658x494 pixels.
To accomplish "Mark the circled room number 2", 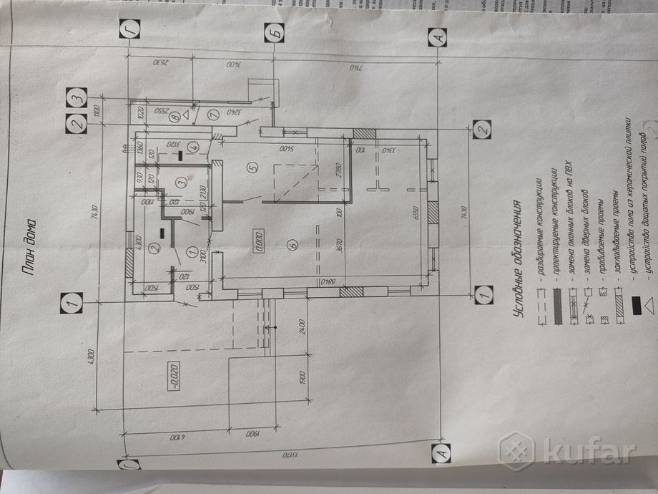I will pos(154,249).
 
